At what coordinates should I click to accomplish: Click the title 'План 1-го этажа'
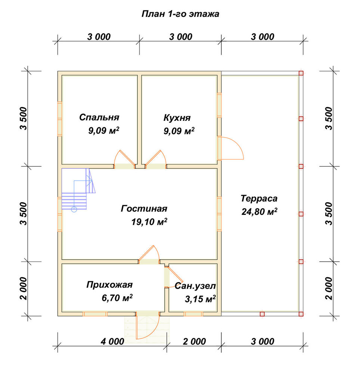[180, 14]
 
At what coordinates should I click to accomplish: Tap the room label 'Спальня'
[99, 117]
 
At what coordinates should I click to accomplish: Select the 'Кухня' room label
[177, 118]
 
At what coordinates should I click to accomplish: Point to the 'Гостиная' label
[144, 209]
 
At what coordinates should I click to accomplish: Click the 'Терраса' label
[259, 198]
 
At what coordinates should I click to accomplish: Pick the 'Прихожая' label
[109, 285]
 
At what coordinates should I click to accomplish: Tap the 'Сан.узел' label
[195, 286]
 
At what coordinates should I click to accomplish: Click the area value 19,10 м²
[149, 222]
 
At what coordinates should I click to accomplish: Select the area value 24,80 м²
[259, 211]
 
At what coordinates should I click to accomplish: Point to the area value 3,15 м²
[200, 299]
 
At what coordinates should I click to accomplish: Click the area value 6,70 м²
[117, 298]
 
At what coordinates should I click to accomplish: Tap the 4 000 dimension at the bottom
[112, 342]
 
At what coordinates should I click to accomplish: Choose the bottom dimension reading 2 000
[194, 342]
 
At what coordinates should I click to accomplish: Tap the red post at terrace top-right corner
[301, 73]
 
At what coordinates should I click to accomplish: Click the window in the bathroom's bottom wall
[193, 314]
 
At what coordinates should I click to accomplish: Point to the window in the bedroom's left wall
[60, 119]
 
